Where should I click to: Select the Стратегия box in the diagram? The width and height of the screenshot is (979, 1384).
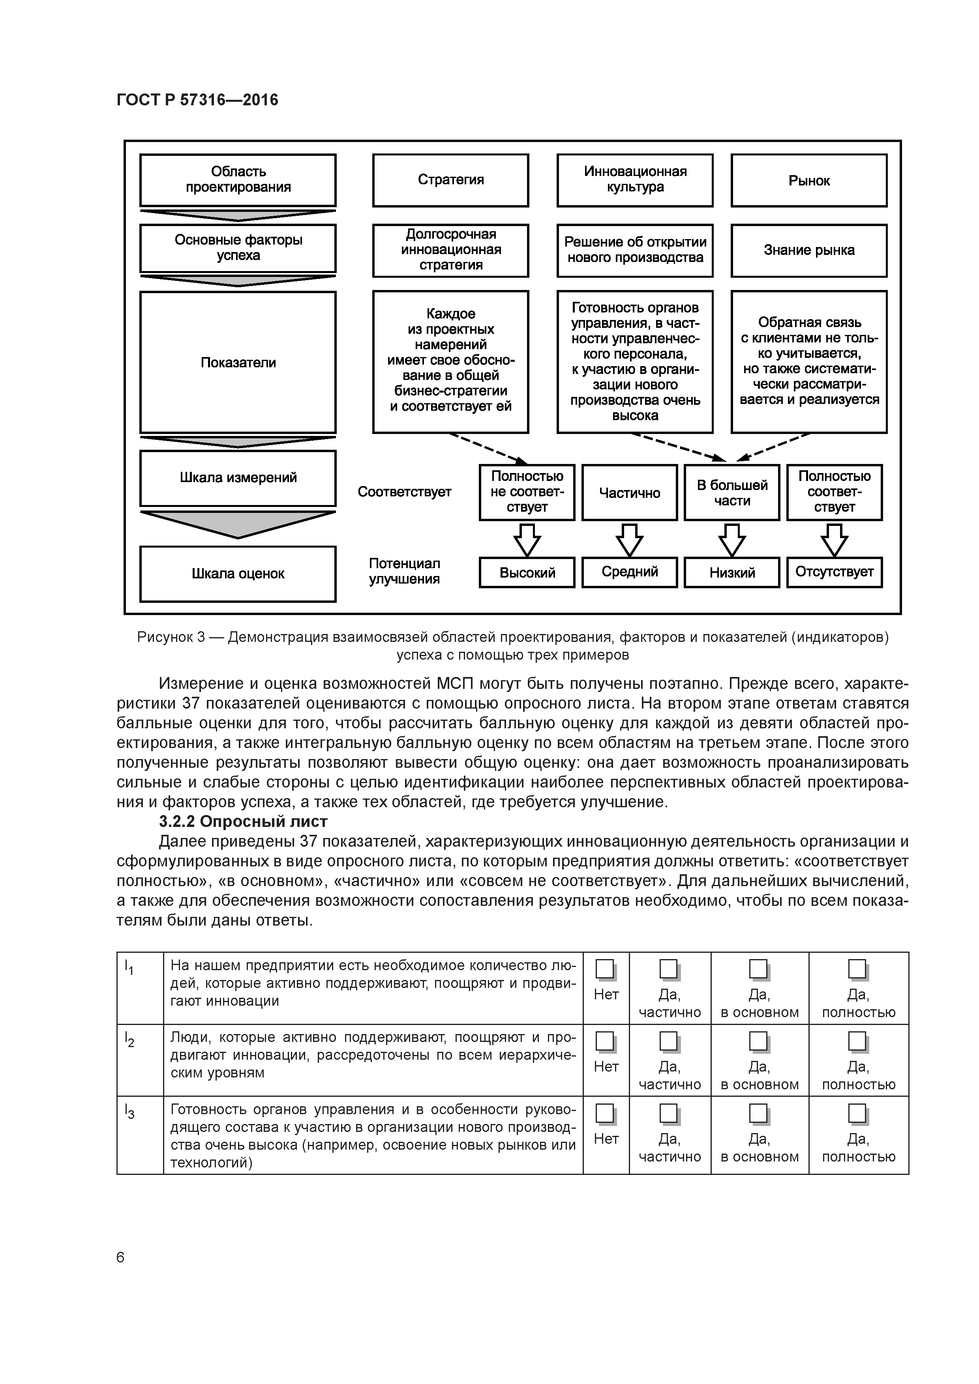pyautogui.click(x=450, y=180)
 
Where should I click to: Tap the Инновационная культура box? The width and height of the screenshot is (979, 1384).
pyautogui.click(x=634, y=180)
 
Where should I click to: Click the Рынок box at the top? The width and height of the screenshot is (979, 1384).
pyautogui.click(x=809, y=180)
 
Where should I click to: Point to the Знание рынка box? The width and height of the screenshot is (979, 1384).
pyautogui.click(x=809, y=250)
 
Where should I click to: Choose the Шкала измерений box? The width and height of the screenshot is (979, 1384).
pyautogui.click(x=238, y=478)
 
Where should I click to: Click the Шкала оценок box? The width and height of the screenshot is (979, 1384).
pyautogui.click(x=238, y=574)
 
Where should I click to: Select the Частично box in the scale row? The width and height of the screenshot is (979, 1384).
pyautogui.click(x=629, y=492)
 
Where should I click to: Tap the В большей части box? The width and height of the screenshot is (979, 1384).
pyautogui.click(x=732, y=492)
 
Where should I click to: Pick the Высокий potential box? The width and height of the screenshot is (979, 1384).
pyautogui.click(x=527, y=572)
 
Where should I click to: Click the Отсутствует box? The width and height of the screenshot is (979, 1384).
pyautogui.click(x=834, y=572)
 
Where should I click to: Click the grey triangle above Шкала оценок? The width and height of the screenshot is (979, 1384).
pyautogui.click(x=238, y=523)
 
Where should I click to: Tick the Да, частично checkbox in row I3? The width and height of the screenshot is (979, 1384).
pyautogui.click(x=668, y=1113)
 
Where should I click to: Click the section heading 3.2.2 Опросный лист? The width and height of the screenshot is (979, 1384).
pyautogui.click(x=243, y=821)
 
